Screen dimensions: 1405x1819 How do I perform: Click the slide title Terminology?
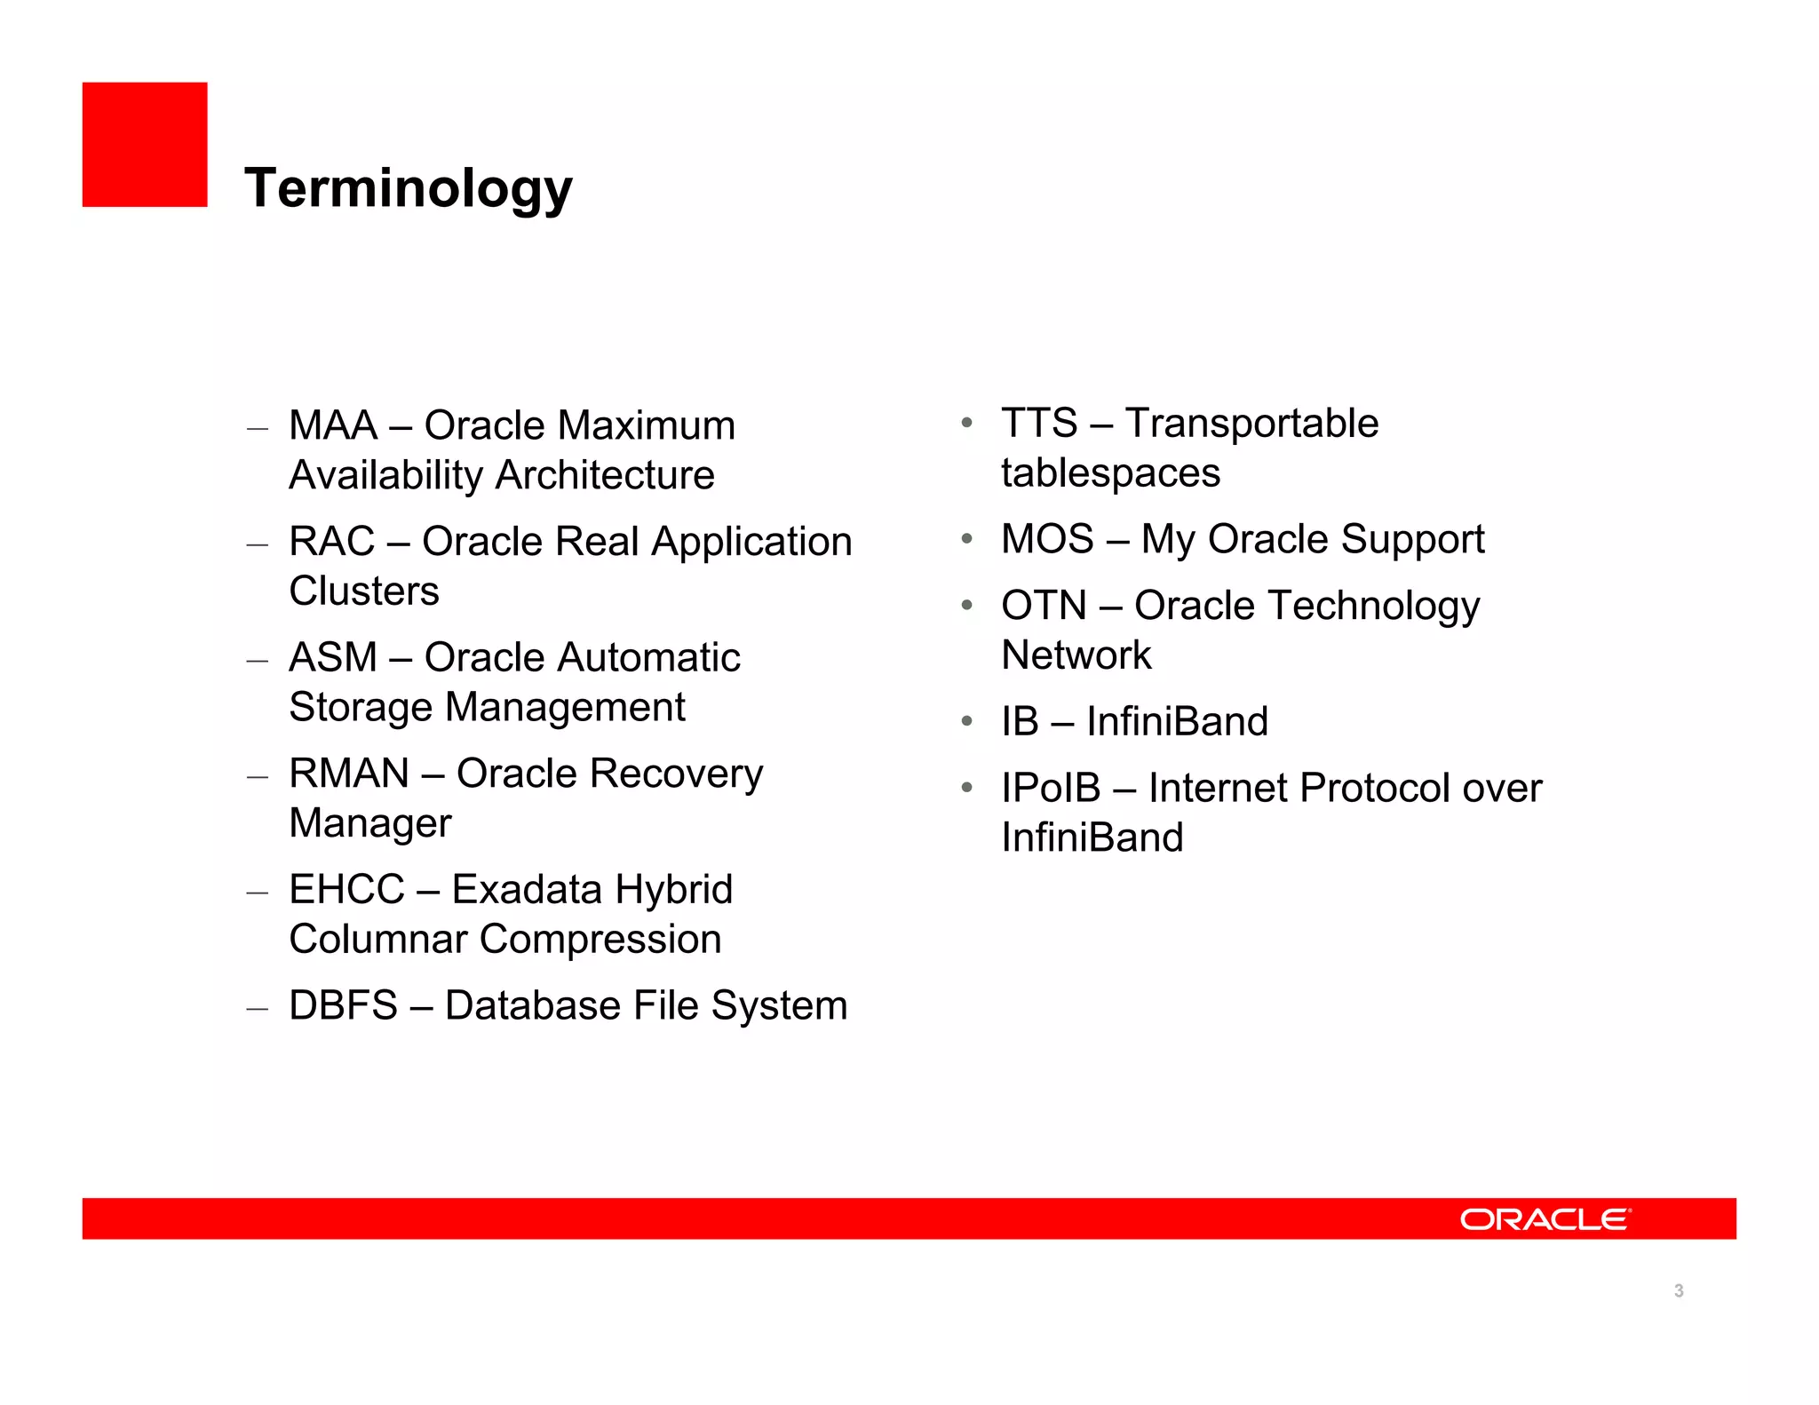[x=409, y=188]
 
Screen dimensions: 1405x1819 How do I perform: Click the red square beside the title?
[x=145, y=145]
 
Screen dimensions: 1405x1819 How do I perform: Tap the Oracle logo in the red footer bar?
[x=1545, y=1218]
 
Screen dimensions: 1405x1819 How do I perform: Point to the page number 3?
[x=1678, y=1290]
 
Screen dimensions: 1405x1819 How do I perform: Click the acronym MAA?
[x=333, y=425]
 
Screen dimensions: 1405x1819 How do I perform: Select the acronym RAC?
[x=332, y=542]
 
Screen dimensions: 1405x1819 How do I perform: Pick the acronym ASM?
[x=333, y=658]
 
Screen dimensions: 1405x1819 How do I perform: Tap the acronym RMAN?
[x=349, y=774]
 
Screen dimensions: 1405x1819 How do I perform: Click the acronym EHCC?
[x=346, y=890]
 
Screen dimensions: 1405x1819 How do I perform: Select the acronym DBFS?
[x=343, y=1006]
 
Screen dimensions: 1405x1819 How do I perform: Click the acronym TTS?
[x=1039, y=424]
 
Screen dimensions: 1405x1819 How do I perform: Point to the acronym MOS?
[x=1047, y=539]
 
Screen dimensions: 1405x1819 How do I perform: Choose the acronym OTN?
[x=1044, y=606]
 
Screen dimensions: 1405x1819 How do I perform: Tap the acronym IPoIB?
[x=1051, y=789]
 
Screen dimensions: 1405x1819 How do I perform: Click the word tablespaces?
[x=1110, y=473]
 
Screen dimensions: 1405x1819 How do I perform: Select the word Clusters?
[x=364, y=591]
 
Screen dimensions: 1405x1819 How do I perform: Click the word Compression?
[x=600, y=940]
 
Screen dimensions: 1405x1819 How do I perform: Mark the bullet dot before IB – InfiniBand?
[x=966, y=721]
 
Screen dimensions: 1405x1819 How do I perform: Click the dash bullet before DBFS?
[x=258, y=1009]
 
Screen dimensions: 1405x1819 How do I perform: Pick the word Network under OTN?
[x=1076, y=655]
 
